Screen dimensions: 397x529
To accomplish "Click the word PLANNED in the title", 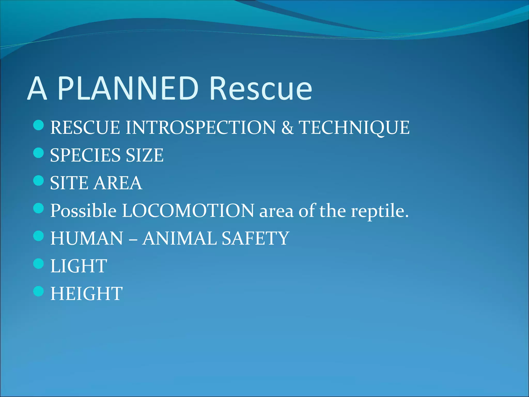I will click(x=128, y=88).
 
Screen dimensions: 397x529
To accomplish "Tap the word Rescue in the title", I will click(x=261, y=88).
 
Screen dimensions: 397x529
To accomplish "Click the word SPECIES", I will click(x=85, y=155).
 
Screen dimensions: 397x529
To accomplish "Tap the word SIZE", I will click(x=144, y=155).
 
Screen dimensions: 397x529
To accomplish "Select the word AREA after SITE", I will click(x=118, y=183).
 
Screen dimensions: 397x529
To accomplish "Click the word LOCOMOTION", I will click(x=188, y=211).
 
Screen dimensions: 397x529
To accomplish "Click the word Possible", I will click(x=83, y=211).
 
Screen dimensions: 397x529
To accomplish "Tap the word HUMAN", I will click(x=87, y=238).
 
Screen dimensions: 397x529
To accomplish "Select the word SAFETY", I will click(x=255, y=238).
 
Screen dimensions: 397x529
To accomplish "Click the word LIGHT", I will click(x=79, y=266).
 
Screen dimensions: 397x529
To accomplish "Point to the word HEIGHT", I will click(x=86, y=294).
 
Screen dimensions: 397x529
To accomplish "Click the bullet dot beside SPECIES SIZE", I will click(x=38, y=153).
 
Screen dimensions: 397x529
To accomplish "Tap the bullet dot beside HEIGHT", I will click(x=38, y=291).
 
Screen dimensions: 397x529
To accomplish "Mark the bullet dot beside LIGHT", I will click(x=38, y=264).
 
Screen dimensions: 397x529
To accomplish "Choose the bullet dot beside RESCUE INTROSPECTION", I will click(x=38, y=125).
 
